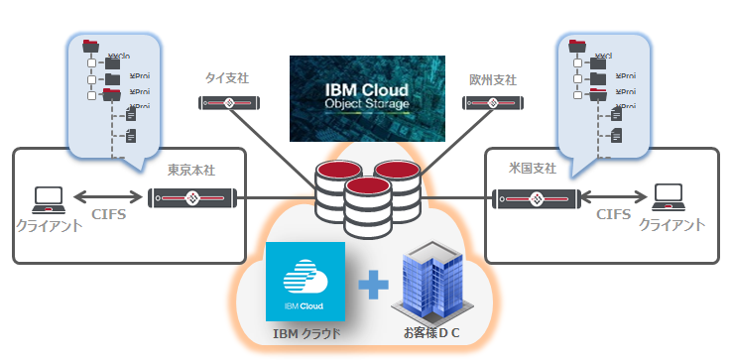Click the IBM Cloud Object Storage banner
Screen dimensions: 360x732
tap(366, 98)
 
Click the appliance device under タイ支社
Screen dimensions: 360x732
tap(230, 102)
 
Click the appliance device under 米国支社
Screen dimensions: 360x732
tap(536, 197)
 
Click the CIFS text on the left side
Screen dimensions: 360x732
tap(109, 214)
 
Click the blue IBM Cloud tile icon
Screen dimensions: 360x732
tap(305, 283)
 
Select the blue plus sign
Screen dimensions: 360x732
tap(372, 287)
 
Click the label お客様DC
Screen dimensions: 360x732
tap(433, 335)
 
